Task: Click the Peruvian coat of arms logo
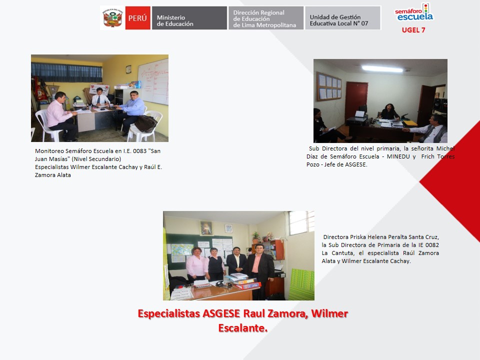(x=112, y=18)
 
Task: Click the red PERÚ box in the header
(x=138, y=18)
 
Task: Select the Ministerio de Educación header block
(x=189, y=18)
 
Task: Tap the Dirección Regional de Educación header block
(x=266, y=18)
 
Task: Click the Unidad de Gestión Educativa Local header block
(x=343, y=18)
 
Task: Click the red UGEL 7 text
(x=413, y=30)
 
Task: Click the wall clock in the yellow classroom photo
(x=128, y=69)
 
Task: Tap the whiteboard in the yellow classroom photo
(x=153, y=81)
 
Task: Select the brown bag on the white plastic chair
(x=145, y=123)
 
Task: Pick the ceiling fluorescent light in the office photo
(x=382, y=69)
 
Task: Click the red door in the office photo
(x=356, y=100)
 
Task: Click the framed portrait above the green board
(x=206, y=228)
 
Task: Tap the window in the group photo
(x=301, y=222)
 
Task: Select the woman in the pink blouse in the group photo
(x=195, y=265)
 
